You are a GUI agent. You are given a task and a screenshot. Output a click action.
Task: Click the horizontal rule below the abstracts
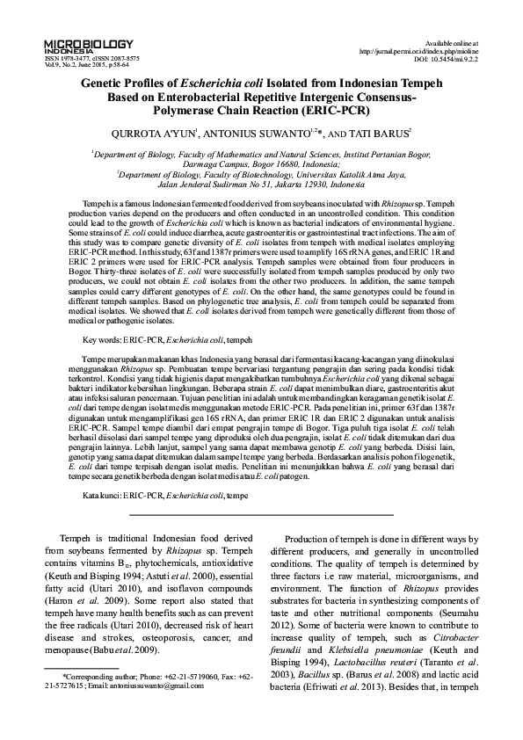pyautogui.click(x=261, y=538)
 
